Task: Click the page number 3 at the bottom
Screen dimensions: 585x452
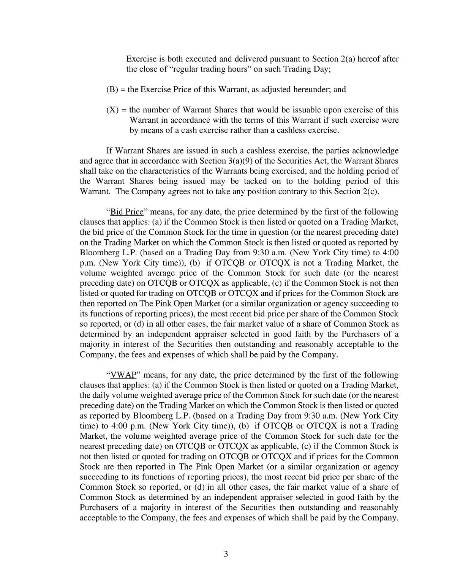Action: [x=226, y=554]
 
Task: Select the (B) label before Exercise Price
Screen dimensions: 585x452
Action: [x=112, y=90]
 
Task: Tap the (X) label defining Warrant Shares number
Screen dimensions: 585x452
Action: [x=112, y=110]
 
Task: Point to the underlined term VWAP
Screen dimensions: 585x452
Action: [x=123, y=375]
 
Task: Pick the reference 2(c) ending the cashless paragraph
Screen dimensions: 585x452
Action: [x=368, y=191]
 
